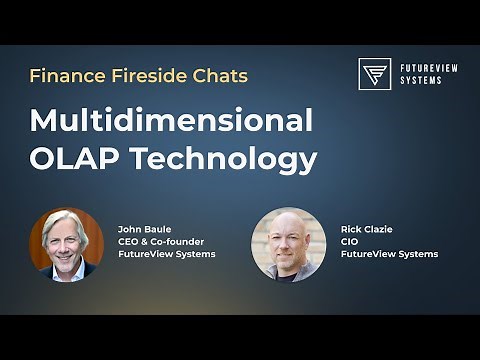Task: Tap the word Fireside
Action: [145, 76]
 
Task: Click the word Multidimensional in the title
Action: [171, 121]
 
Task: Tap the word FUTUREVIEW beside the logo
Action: [428, 68]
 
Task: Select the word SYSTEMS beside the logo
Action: [421, 81]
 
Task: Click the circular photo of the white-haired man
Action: [67, 244]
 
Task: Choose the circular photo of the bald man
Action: [288, 244]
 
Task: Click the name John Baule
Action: [145, 229]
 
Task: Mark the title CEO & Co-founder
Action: [160, 241]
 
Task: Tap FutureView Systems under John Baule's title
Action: [166, 254]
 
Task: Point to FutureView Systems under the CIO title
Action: [389, 254]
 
